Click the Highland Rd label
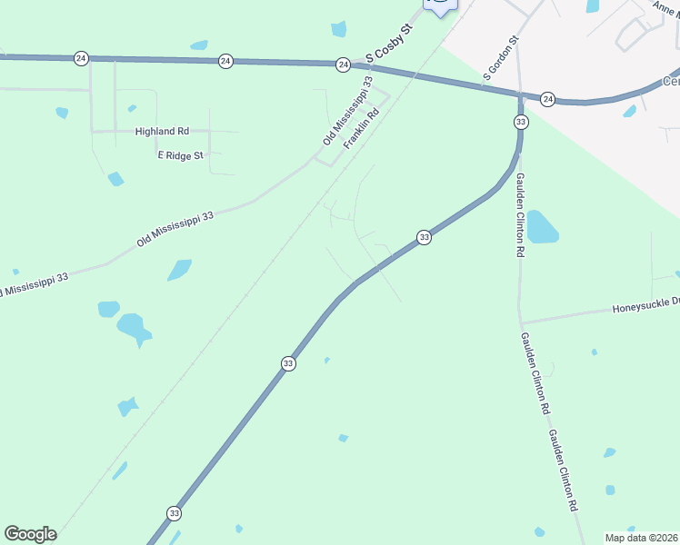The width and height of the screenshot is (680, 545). pyautogui.click(x=162, y=132)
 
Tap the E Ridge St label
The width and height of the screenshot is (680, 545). pyautogui.click(x=179, y=156)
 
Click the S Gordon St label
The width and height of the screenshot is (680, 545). pyautogui.click(x=501, y=58)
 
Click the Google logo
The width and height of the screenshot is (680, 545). pyautogui.click(x=30, y=534)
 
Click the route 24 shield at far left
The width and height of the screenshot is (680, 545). pyautogui.click(x=82, y=58)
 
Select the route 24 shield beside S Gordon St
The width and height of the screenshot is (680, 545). pyautogui.click(x=547, y=98)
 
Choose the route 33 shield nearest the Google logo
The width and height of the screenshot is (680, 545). pyautogui.click(x=174, y=513)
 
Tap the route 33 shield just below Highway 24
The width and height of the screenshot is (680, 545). pyautogui.click(x=521, y=121)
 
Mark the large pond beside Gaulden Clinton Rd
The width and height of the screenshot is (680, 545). pyautogui.click(x=541, y=227)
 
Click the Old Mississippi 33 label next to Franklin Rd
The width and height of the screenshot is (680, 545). pyautogui.click(x=348, y=111)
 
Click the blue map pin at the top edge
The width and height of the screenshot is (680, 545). pyautogui.click(x=440, y=5)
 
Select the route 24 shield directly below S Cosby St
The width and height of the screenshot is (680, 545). pyautogui.click(x=343, y=64)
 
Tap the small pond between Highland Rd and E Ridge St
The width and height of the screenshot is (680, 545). pyautogui.click(x=115, y=179)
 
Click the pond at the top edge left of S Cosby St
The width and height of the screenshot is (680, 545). pyautogui.click(x=339, y=29)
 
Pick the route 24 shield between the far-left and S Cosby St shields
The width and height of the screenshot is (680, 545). pyautogui.click(x=225, y=61)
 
